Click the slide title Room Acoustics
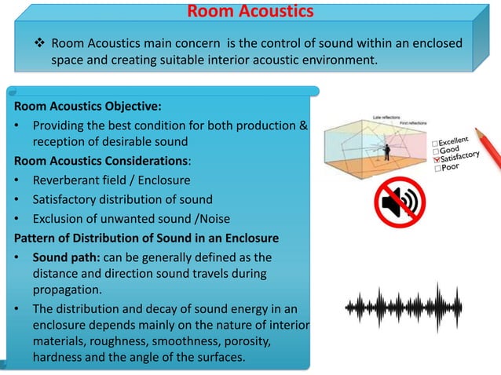[x=251, y=12]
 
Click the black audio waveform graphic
[x=400, y=305]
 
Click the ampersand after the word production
[x=302, y=126]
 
